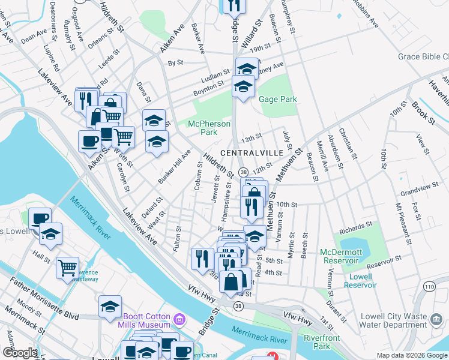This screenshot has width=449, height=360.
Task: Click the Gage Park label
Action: [x=278, y=99]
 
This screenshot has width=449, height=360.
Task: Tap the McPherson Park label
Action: [x=209, y=128]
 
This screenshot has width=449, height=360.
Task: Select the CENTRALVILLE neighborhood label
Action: [x=252, y=153]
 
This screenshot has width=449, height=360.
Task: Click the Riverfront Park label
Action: [x=322, y=342]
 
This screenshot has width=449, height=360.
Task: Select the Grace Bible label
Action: [x=423, y=58]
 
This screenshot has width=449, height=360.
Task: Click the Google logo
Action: [x=20, y=353]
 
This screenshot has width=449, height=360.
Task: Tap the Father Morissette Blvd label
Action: [x=46, y=298]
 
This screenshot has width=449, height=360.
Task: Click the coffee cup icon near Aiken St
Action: [x=89, y=142]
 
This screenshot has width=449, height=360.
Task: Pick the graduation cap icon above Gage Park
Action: [x=243, y=86]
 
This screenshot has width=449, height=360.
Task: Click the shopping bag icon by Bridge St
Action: [x=231, y=281]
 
